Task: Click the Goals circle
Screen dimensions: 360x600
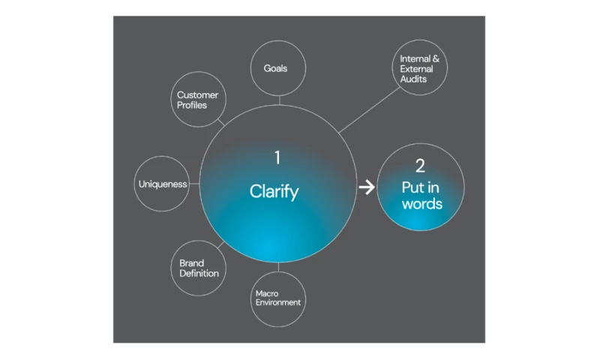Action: point(277,68)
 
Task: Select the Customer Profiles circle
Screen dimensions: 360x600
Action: point(198,100)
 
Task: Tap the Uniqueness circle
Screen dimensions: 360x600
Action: point(162,184)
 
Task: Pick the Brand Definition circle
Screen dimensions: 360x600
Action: point(199,268)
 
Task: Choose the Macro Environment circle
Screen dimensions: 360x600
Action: point(278,298)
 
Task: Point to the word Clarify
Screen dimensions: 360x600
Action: point(274,192)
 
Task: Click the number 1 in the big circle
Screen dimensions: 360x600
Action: point(277,157)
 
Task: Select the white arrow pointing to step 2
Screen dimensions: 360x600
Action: point(366,187)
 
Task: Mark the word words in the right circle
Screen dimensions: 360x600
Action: point(421,204)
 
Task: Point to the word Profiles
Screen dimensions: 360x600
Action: point(192,105)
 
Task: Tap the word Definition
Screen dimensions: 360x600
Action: point(199,274)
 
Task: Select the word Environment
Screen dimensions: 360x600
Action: point(278,303)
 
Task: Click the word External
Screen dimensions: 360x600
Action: point(417,68)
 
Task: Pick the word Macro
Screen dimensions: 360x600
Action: point(267,293)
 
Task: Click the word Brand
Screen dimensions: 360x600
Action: point(192,263)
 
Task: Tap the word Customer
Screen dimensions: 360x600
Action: point(197,94)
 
